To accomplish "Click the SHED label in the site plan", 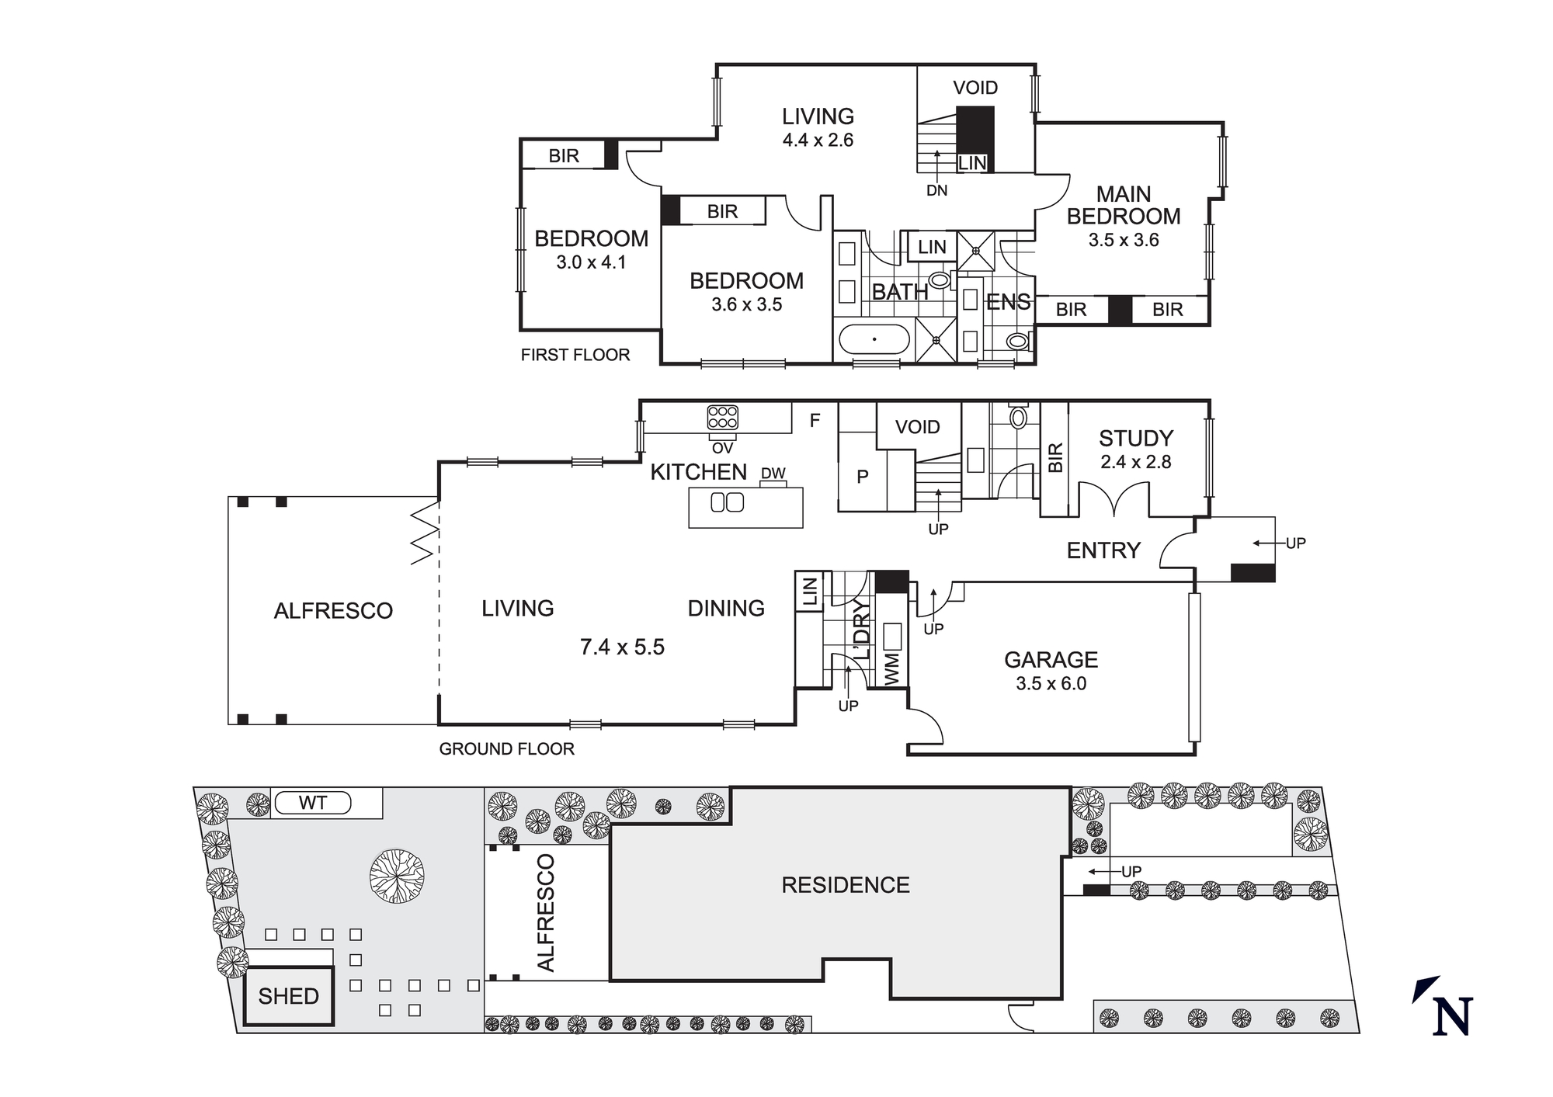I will [x=288, y=996].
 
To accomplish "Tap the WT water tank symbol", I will [x=313, y=803].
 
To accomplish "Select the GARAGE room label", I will [x=1051, y=660].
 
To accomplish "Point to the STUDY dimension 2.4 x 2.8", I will [x=1135, y=462].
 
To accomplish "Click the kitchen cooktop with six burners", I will [x=722, y=418].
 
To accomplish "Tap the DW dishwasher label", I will [x=773, y=474].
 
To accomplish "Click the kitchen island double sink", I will [x=727, y=502].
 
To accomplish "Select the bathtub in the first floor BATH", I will [x=874, y=339].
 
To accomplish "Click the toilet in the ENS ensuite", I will [x=1016, y=340].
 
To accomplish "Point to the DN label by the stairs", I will [x=936, y=190].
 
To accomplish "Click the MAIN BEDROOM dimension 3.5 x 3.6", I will [x=1123, y=240].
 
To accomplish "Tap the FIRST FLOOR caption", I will [x=575, y=355].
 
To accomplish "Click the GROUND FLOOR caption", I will [x=506, y=749].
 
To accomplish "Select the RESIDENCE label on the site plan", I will [x=845, y=885].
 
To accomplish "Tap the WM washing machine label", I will [x=891, y=668].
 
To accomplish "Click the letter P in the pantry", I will [x=862, y=477].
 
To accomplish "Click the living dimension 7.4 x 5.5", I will [x=622, y=647].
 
